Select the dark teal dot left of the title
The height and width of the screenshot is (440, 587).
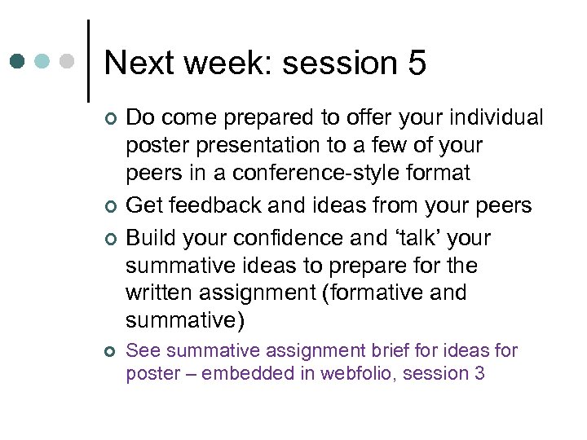[x=19, y=61]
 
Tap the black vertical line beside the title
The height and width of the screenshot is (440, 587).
[x=88, y=61]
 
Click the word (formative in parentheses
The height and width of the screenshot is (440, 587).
[x=364, y=293]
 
